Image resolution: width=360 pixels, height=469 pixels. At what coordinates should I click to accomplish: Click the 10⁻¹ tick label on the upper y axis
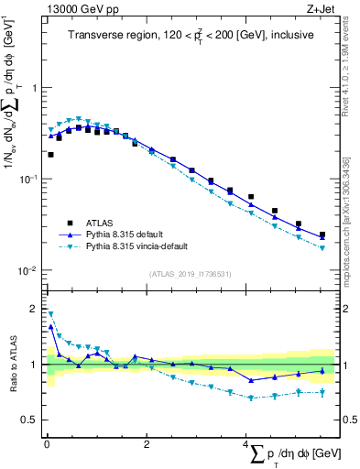(x=30, y=179)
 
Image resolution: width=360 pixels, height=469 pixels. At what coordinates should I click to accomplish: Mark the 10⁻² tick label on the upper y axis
(x=30, y=270)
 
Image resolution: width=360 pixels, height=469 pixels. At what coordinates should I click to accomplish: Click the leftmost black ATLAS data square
(x=50, y=155)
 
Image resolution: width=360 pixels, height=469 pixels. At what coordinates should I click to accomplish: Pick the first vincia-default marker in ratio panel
(x=50, y=313)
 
